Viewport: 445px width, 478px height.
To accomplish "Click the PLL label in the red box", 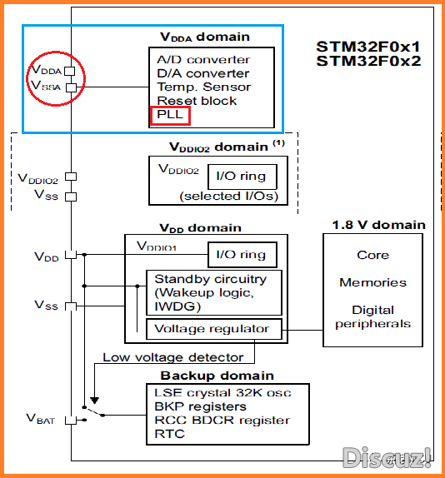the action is [169, 114].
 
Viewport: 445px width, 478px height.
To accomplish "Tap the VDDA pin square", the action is [70, 71].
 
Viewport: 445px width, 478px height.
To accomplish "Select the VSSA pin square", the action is [72, 87].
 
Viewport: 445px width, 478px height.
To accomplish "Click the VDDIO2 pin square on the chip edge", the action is [71, 177].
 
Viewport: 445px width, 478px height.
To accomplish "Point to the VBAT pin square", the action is [71, 421].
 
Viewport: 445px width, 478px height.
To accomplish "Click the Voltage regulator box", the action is [214, 329].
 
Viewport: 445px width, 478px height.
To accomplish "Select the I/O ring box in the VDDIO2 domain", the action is [242, 177].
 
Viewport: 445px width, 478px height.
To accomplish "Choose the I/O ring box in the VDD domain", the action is [242, 255].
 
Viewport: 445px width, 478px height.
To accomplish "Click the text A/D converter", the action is [203, 59].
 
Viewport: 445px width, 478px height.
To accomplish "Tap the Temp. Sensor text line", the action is [203, 87].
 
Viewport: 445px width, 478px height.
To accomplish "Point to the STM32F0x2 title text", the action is [368, 61].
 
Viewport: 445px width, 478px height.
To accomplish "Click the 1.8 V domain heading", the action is [378, 225].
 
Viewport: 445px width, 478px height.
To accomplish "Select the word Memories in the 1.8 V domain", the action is [373, 282].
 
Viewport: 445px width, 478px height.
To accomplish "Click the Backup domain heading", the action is [217, 376].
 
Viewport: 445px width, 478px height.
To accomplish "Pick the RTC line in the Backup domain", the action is [169, 434].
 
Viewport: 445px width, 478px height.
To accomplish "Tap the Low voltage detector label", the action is [173, 357].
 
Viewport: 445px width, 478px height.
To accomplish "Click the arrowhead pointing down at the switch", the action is [94, 401].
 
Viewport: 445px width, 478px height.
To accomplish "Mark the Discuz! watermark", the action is [387, 457].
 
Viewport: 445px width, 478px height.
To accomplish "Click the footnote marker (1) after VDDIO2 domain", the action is [278, 143].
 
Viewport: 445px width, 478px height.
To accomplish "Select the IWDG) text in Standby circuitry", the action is [177, 306].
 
